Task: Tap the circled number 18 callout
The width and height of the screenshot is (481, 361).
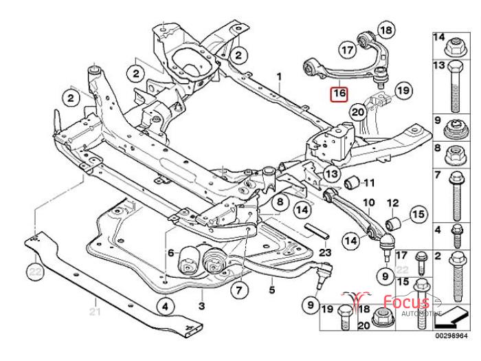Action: (387, 30)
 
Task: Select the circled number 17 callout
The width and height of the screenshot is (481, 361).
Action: (348, 49)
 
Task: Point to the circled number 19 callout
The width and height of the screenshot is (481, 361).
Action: (403, 90)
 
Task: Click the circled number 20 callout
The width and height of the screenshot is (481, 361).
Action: (357, 111)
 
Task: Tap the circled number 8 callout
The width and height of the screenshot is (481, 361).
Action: (280, 203)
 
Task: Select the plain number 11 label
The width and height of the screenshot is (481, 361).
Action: (369, 183)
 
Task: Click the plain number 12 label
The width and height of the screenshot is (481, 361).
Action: (393, 202)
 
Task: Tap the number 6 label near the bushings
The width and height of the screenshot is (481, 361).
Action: (170, 252)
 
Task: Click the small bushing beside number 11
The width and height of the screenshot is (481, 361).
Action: (353, 182)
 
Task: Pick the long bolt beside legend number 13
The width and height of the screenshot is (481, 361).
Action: (456, 88)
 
